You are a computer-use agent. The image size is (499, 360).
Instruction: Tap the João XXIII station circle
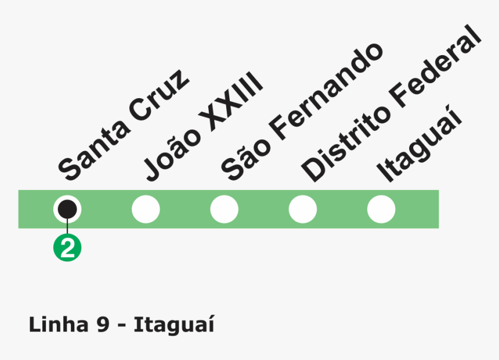click(x=146, y=209)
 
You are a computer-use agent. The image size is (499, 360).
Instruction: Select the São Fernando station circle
click(x=225, y=209)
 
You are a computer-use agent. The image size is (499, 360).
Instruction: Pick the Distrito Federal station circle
click(x=303, y=209)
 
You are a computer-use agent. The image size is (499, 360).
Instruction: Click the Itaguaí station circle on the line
click(x=381, y=209)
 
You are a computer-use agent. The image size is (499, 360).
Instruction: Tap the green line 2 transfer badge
click(x=67, y=248)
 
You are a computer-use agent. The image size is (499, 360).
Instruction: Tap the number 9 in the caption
click(x=102, y=325)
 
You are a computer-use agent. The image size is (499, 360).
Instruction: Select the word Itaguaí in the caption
click(x=174, y=325)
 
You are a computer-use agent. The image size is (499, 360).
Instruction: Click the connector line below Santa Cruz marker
click(x=67, y=227)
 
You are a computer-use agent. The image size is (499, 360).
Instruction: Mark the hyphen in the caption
click(x=121, y=327)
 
